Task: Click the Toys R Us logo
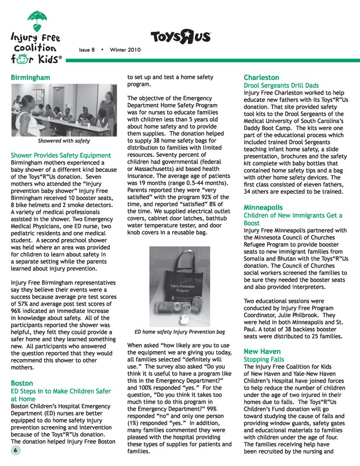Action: coord(180,37)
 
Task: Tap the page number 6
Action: coord(15,451)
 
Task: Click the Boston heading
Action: coord(23,383)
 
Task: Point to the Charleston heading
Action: coord(262,77)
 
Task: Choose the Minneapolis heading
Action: coord(263,207)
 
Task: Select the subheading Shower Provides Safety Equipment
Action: coord(61,155)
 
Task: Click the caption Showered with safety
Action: coord(64,141)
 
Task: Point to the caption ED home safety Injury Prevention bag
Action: coord(180,332)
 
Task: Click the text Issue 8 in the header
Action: coord(87,50)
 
